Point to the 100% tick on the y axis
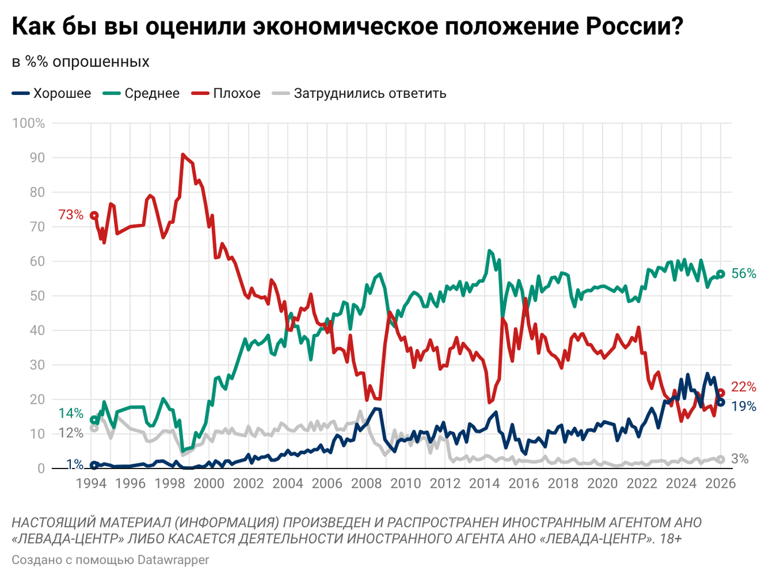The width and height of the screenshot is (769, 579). click(x=29, y=123)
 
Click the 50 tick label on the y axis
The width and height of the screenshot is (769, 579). click(x=37, y=296)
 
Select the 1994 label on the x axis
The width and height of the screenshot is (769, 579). click(x=91, y=484)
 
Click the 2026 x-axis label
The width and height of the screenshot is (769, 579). click(x=720, y=484)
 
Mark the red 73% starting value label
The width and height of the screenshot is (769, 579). click(x=71, y=214)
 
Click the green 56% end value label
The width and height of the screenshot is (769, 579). click(x=744, y=273)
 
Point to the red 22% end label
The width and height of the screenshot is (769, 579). click(x=744, y=387)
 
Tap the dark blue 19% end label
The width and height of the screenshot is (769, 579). click(x=744, y=407)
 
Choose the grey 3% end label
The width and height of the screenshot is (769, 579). click(x=740, y=459)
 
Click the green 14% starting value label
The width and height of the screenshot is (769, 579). click(x=71, y=413)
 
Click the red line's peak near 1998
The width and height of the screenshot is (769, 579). click(x=183, y=154)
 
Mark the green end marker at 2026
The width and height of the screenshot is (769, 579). click(x=721, y=274)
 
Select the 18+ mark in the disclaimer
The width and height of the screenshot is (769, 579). click(x=670, y=539)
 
